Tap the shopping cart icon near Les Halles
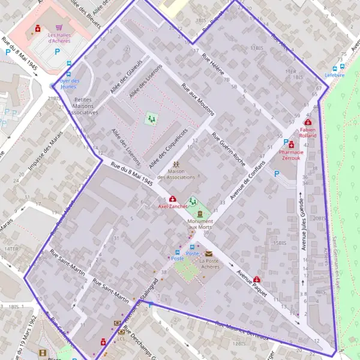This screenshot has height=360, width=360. click(x=59, y=28)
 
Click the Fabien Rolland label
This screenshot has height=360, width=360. click(x=308, y=132)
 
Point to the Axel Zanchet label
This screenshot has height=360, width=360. click(x=173, y=206)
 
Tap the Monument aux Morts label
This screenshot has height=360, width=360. click(x=200, y=223)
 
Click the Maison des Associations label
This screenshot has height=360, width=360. click(x=176, y=174)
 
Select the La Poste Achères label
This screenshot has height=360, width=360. click(x=209, y=264)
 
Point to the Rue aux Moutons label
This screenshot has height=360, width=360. click(x=194, y=100)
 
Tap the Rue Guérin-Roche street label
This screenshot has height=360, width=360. click(x=229, y=148)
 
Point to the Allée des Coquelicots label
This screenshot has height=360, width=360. click(x=169, y=148)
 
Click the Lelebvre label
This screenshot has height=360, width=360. click(x=335, y=75)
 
